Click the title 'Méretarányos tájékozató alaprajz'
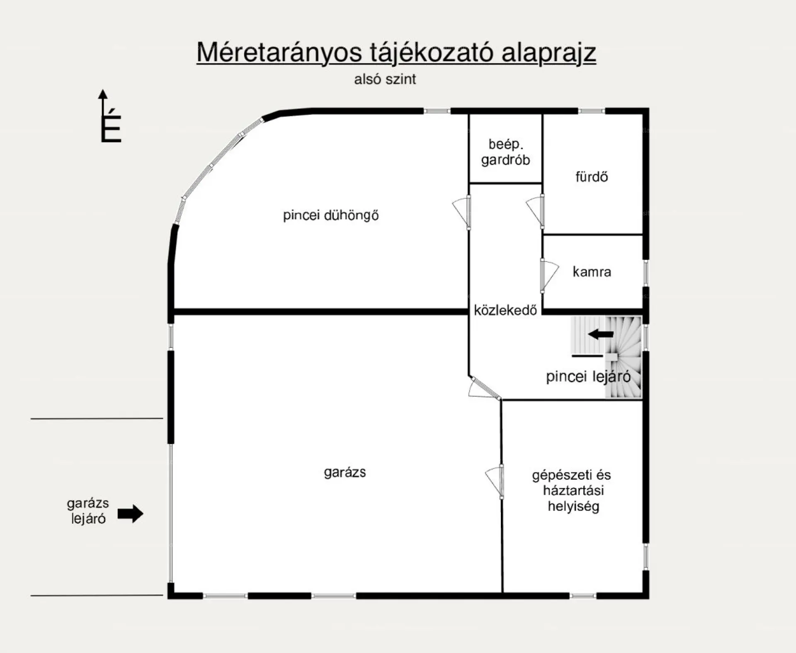396,53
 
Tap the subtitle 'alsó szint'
385,79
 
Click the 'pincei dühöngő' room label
331,215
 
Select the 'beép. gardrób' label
505,152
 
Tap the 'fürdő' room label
592,177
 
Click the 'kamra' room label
592,272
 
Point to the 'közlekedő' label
505,310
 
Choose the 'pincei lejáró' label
588,377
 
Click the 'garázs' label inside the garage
345,472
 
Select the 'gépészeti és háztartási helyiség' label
572,491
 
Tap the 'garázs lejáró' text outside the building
88,511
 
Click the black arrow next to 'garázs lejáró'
131,514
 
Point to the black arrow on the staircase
601,334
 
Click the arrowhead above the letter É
103,94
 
